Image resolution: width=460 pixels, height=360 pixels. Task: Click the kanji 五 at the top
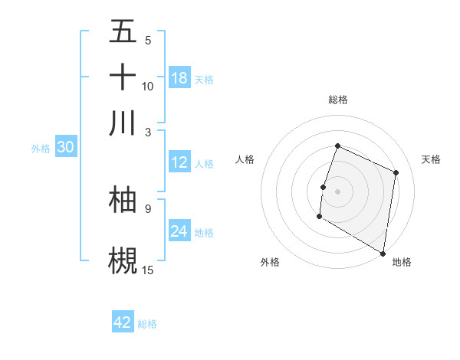(123, 32)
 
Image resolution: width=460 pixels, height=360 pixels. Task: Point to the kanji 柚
(123, 199)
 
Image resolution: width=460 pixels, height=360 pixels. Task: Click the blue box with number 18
(179, 78)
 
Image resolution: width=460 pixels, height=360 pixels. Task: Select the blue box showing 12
(179, 162)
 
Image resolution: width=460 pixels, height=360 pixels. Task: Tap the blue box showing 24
(179, 231)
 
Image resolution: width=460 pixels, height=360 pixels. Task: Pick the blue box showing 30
(64, 148)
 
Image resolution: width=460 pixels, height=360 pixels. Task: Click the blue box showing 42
(123, 322)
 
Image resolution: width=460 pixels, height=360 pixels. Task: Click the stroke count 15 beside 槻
(148, 270)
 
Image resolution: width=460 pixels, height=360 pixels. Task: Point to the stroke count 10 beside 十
(148, 86)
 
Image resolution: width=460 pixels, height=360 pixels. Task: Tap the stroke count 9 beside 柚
(147, 208)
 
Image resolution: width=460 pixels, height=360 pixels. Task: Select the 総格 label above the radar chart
(337, 100)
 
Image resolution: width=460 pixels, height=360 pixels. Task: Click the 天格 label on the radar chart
(431, 159)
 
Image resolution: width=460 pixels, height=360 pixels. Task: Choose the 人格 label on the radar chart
(245, 159)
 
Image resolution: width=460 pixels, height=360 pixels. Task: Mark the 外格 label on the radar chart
(269, 263)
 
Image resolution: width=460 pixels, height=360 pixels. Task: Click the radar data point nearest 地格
(383, 253)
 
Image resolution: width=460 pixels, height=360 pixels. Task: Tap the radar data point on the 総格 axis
(337, 146)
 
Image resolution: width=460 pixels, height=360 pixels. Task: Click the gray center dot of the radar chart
(337, 191)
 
